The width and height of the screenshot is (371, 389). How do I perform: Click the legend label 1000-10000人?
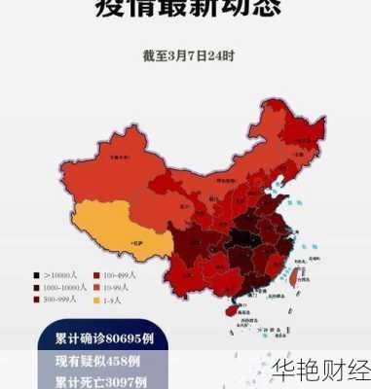[63, 288]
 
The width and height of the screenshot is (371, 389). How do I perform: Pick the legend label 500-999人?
[60, 301]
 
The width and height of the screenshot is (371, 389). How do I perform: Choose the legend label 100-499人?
[121, 276]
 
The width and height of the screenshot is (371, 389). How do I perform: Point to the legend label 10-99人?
[118, 288]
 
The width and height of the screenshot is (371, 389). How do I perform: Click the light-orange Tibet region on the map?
[107, 229]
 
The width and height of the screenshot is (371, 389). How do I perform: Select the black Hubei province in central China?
[243, 238]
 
